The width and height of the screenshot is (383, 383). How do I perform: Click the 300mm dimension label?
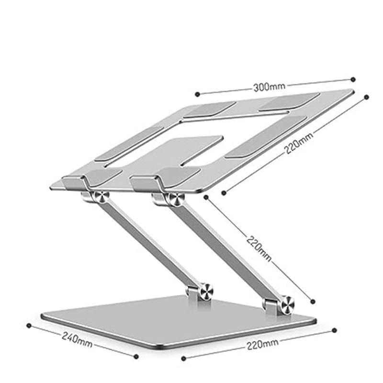269,86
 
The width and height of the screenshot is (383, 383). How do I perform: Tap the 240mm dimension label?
77,337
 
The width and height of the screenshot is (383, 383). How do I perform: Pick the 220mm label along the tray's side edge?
299,143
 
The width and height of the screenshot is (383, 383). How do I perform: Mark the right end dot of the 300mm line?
353,79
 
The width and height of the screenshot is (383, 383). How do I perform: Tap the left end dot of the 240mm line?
29,325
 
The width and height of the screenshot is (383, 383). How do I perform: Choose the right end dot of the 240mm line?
136,356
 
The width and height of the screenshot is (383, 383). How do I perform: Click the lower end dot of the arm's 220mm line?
313,302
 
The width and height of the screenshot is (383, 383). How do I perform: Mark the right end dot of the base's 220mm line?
334,330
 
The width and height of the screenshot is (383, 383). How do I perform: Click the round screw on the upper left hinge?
101,197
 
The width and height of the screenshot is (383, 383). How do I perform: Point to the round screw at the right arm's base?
287,304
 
